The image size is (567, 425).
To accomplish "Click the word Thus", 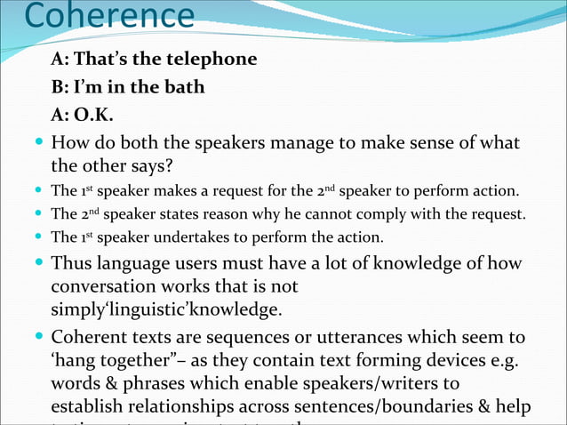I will pos(72,264).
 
